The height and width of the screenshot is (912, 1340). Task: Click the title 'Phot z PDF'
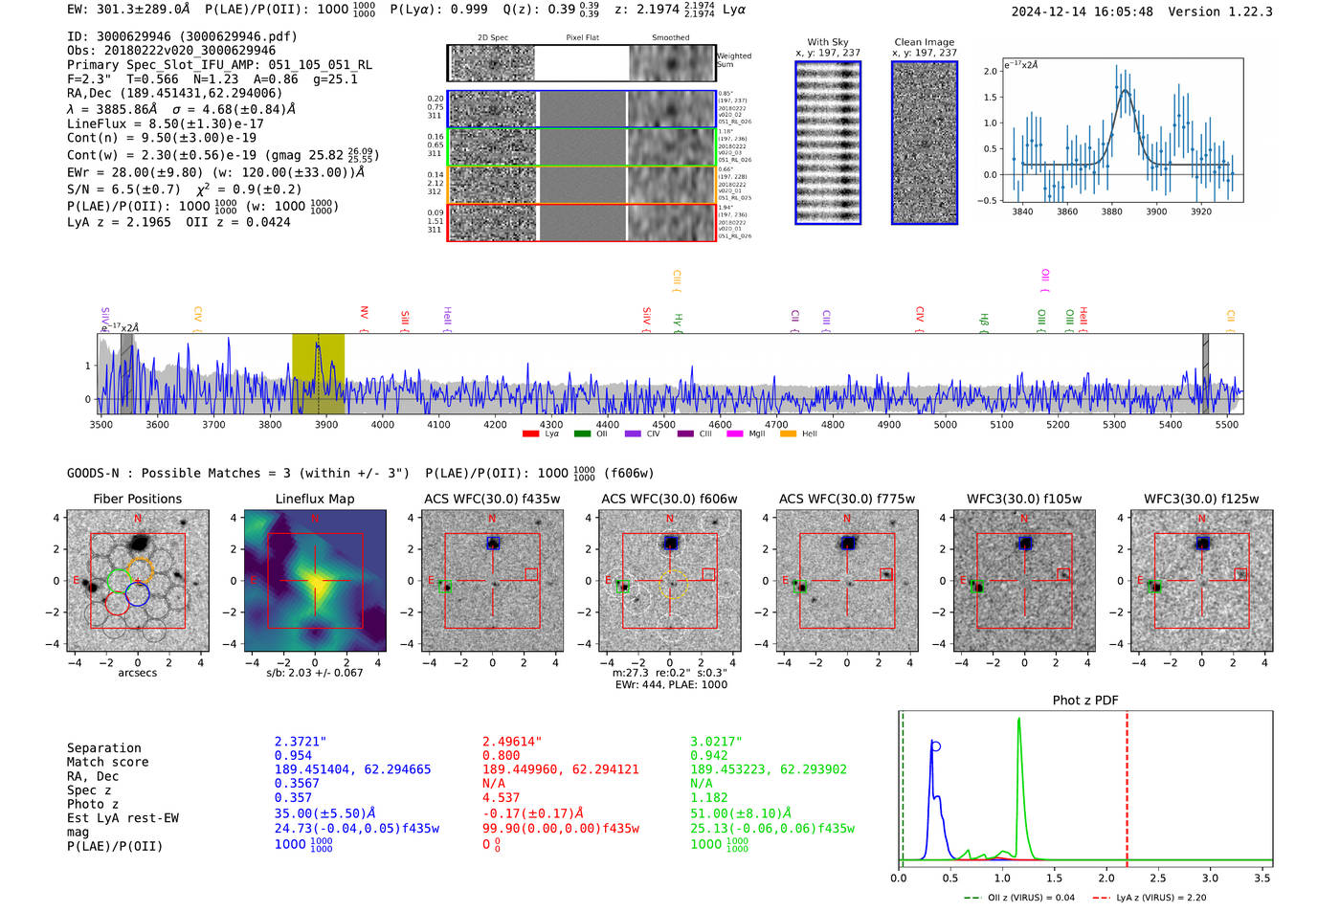[1085, 701]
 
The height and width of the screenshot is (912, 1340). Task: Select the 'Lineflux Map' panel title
[314, 499]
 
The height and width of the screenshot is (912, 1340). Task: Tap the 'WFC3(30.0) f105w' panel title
[1024, 499]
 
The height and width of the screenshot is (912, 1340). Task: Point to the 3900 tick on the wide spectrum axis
[326, 424]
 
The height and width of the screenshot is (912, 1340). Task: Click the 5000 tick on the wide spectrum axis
[945, 424]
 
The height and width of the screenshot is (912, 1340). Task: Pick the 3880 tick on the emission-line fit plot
[1111, 211]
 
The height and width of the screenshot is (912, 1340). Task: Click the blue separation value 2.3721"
[300, 742]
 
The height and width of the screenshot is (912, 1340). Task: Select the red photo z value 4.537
[501, 797]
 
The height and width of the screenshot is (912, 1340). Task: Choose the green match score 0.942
[709, 755]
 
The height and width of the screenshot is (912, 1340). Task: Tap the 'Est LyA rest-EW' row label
[123, 818]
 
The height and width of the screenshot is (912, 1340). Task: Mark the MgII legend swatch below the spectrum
[734, 434]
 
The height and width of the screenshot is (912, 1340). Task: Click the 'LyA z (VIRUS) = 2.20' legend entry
[1160, 898]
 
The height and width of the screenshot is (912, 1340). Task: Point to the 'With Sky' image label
[828, 42]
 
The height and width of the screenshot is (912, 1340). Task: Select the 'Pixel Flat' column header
[582, 38]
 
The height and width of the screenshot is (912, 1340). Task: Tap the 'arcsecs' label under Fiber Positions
[137, 673]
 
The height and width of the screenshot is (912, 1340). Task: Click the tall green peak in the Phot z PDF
[1018, 720]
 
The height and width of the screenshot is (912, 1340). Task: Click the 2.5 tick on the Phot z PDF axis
[1158, 878]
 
